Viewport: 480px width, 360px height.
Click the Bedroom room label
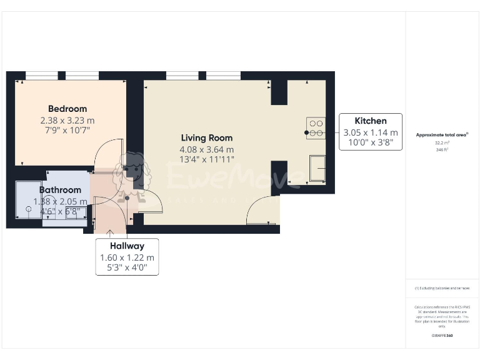pyautogui.click(x=67, y=109)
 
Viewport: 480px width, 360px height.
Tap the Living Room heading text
pyautogui.click(x=207, y=137)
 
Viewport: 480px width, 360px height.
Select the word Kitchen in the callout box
pyautogui.click(x=371, y=121)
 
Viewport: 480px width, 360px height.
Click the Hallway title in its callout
pyautogui.click(x=127, y=246)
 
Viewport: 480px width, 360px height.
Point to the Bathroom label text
pyautogui.click(x=60, y=189)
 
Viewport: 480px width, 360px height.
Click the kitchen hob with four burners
pyautogui.click(x=316, y=127)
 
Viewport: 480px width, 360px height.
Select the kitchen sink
pyautogui.click(x=317, y=168)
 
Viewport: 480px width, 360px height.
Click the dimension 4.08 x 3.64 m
pyautogui.click(x=207, y=149)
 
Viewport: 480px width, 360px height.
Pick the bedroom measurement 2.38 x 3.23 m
pyautogui.click(x=67, y=120)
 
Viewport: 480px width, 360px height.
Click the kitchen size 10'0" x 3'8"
pyautogui.click(x=371, y=144)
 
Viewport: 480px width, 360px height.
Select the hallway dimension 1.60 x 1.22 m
pyautogui.click(x=127, y=258)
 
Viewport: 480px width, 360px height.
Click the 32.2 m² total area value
pyautogui.click(x=442, y=142)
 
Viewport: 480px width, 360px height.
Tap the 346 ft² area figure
pyautogui.click(x=442, y=150)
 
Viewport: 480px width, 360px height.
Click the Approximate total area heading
pyautogui.click(x=442, y=134)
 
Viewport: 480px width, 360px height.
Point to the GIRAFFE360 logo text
pyautogui.click(x=442, y=336)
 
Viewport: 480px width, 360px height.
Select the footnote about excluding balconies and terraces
pyautogui.click(x=442, y=288)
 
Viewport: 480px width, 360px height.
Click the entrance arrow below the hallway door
pyautogui.click(x=111, y=233)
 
